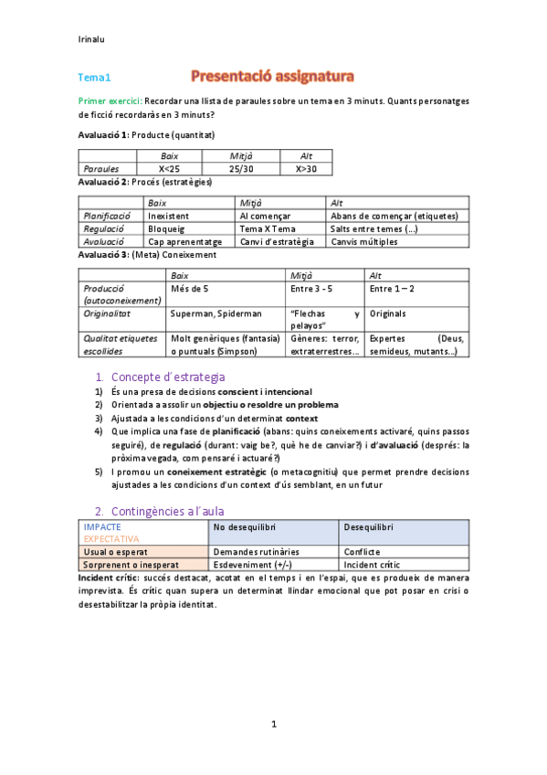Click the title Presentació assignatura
coord(273,74)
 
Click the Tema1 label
coord(93,79)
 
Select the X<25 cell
coord(169,169)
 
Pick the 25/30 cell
coord(241,169)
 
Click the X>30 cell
coord(305,169)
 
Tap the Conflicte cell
coord(362,552)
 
